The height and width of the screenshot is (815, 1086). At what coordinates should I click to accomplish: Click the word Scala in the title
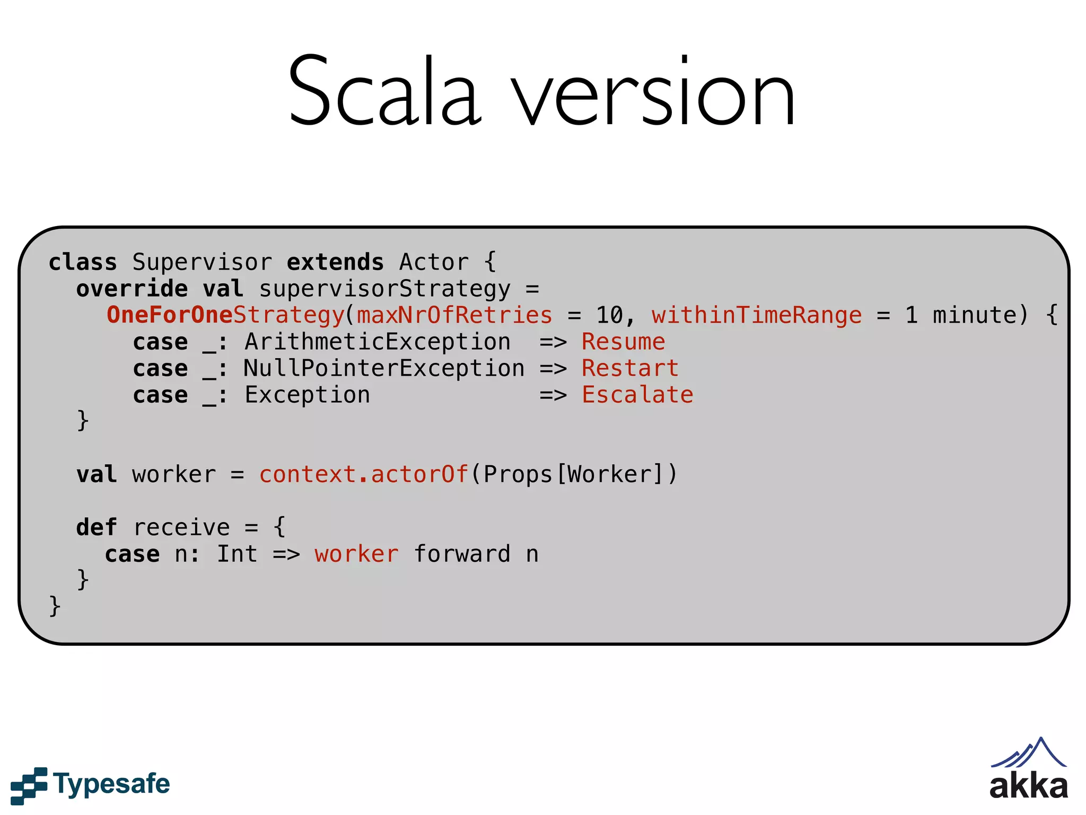384,93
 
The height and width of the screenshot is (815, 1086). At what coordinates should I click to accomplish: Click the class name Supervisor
202,263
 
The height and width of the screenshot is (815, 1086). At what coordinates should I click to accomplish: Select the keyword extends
335,263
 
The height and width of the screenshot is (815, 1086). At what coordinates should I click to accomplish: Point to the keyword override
132,289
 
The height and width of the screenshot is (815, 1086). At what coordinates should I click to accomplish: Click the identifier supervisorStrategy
384,289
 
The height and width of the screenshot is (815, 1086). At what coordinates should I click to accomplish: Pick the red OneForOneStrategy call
225,315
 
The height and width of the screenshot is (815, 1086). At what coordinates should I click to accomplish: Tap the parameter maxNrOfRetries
454,315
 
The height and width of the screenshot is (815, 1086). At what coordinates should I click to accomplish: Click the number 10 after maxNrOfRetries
610,315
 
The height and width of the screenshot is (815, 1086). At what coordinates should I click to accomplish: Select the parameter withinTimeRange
757,315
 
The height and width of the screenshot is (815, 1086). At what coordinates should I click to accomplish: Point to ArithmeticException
378,342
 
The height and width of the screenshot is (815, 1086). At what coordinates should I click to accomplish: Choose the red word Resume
623,342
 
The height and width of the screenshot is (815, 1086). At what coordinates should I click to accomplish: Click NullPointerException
384,369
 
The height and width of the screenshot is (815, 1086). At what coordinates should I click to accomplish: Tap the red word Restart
630,369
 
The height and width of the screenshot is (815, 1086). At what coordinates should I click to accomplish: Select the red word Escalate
637,395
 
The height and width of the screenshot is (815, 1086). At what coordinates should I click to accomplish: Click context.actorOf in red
363,474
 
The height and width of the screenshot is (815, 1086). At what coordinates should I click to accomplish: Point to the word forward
462,554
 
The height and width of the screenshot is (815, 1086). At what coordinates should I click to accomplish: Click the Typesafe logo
90,784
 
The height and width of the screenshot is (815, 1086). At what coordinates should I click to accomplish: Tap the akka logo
1028,769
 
